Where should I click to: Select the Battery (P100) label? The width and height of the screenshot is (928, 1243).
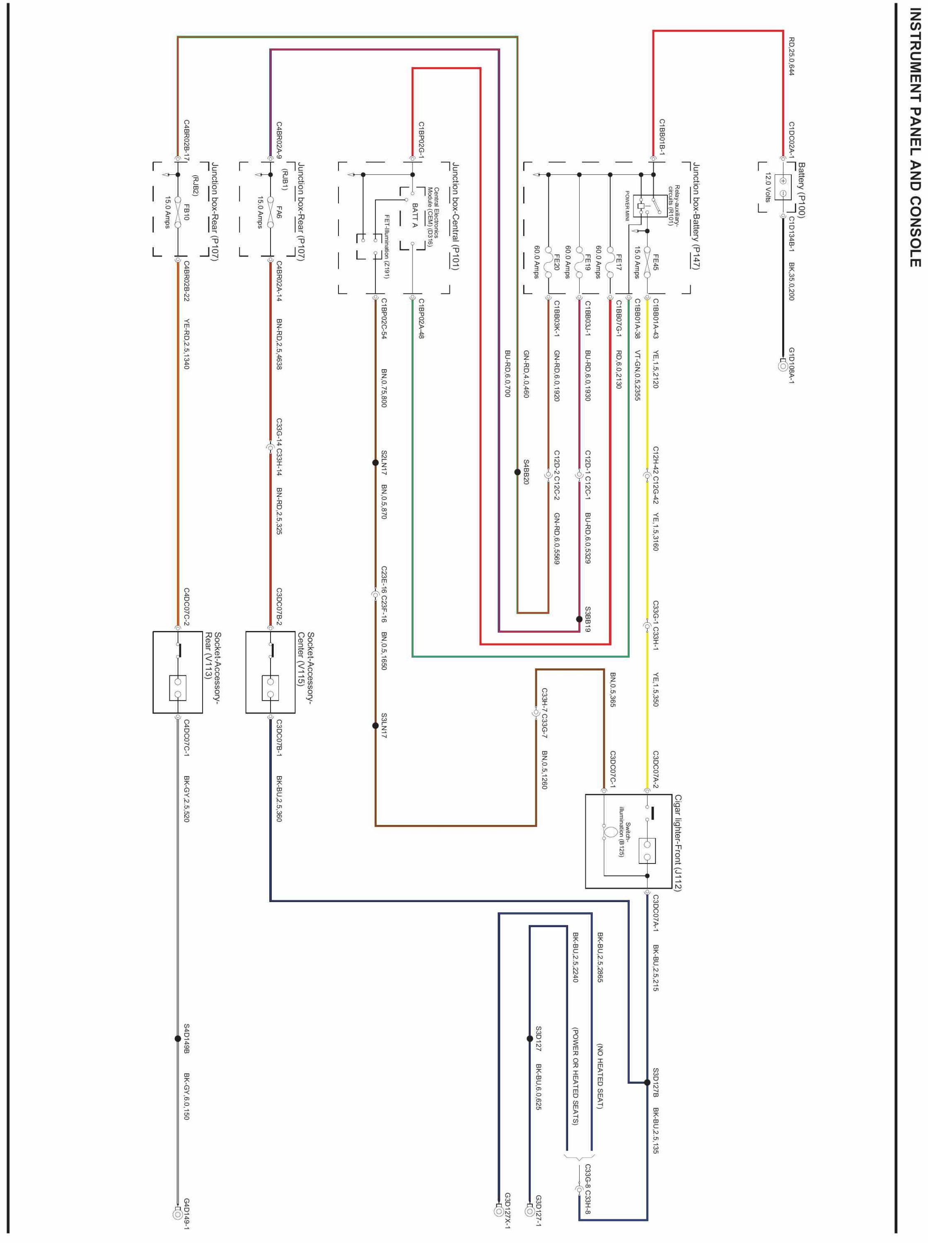pos(801,190)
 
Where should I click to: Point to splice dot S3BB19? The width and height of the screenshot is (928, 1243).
pos(579,619)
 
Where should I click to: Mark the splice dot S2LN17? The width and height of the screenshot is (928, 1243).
pos(375,463)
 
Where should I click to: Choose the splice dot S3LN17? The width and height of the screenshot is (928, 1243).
pos(375,725)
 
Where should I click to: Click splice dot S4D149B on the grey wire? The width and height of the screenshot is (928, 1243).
pos(177,1039)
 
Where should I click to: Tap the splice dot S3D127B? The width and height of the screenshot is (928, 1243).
pos(647,1082)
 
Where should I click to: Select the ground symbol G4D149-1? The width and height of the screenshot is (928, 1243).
pos(177,1214)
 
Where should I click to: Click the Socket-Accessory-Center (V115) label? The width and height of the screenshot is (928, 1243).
pos(306,668)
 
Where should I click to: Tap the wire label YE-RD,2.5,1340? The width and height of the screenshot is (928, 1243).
pos(186,344)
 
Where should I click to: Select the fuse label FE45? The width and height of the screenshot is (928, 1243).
pos(655,262)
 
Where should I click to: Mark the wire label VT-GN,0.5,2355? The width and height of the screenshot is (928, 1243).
pos(638,375)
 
